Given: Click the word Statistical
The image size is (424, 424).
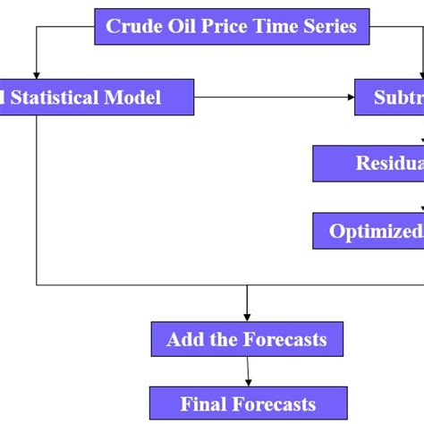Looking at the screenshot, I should coord(59,97).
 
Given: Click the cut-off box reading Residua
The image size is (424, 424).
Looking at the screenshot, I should coord(369,163).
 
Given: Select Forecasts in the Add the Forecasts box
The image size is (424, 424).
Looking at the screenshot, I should coord(285,340).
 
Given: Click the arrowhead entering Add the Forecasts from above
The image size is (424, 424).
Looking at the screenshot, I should coord(247,317).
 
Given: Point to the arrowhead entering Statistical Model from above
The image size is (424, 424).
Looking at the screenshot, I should coord(37,73).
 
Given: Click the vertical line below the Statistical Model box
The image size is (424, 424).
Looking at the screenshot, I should coord(37,197).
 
